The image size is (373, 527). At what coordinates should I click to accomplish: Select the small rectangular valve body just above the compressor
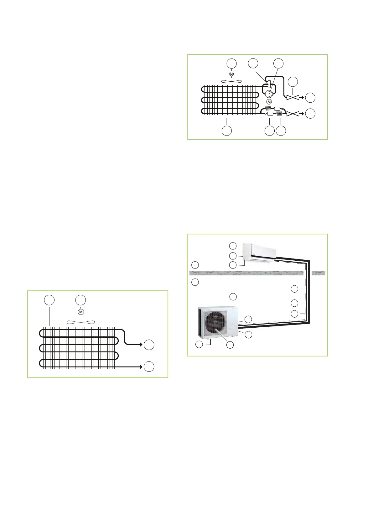(269, 84)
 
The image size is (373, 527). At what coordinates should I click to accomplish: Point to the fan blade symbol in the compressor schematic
(232, 81)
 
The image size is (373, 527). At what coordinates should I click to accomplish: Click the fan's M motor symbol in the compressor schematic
(232, 74)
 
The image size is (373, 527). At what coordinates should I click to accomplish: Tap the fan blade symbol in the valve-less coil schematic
(81, 321)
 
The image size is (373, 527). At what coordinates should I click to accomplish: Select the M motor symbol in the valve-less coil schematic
(81, 312)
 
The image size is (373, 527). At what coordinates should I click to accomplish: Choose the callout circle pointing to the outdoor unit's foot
(199, 345)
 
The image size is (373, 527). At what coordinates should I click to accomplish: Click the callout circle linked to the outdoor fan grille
(230, 345)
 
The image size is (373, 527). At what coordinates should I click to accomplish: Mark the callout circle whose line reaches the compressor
(278, 63)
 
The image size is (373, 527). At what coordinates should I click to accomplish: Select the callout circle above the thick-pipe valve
(293, 81)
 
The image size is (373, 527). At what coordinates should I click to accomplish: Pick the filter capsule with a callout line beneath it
(270, 115)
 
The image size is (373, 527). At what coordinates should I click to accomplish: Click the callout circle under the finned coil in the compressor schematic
(227, 131)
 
